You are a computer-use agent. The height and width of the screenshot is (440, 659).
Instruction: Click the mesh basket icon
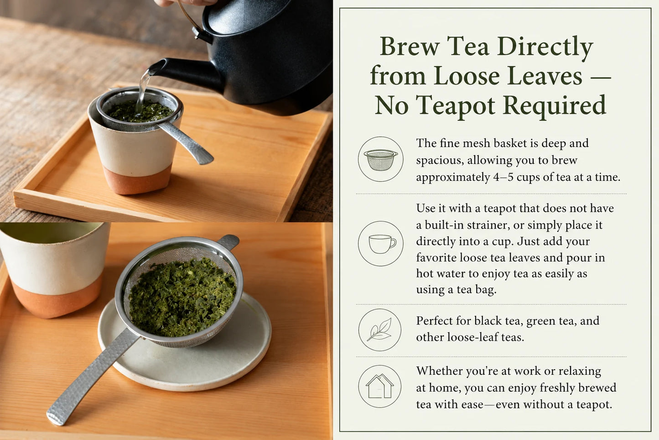(x=381, y=160)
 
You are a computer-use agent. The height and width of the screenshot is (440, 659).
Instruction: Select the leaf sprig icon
(x=379, y=329)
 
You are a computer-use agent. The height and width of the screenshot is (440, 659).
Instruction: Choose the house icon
(x=379, y=386)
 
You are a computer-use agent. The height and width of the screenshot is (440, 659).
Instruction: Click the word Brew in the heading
(x=410, y=46)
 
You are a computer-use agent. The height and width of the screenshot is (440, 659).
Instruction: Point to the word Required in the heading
(x=555, y=105)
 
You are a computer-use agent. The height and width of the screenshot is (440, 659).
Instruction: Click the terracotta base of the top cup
(x=137, y=180)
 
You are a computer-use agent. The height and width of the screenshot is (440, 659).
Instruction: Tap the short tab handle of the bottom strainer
(x=228, y=241)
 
